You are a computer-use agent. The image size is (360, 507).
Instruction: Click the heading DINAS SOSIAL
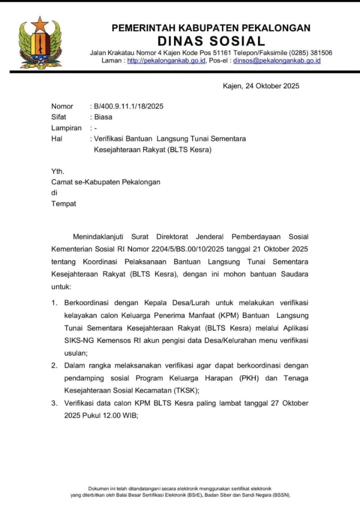coord(211,41)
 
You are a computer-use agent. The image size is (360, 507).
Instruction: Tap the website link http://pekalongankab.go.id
coord(166,61)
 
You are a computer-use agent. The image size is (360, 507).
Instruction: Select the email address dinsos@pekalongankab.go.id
coord(277,61)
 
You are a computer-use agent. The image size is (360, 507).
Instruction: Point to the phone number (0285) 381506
coord(310,53)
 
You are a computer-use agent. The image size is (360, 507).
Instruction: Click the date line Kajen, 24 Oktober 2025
coord(261,86)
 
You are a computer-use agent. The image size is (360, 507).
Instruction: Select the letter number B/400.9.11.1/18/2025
coord(128,106)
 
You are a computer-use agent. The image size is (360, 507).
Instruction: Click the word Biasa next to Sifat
coord(103,117)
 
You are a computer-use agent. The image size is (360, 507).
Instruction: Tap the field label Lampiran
coord(66,128)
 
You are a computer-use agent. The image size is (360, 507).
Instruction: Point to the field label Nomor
coord(62,106)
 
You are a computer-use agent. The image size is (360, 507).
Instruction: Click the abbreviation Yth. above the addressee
coord(57,172)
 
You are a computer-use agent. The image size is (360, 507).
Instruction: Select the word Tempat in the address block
coord(63,204)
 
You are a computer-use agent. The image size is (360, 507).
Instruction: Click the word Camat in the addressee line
coord(61,182)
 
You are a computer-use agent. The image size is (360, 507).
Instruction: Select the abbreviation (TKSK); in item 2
coord(186,391)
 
